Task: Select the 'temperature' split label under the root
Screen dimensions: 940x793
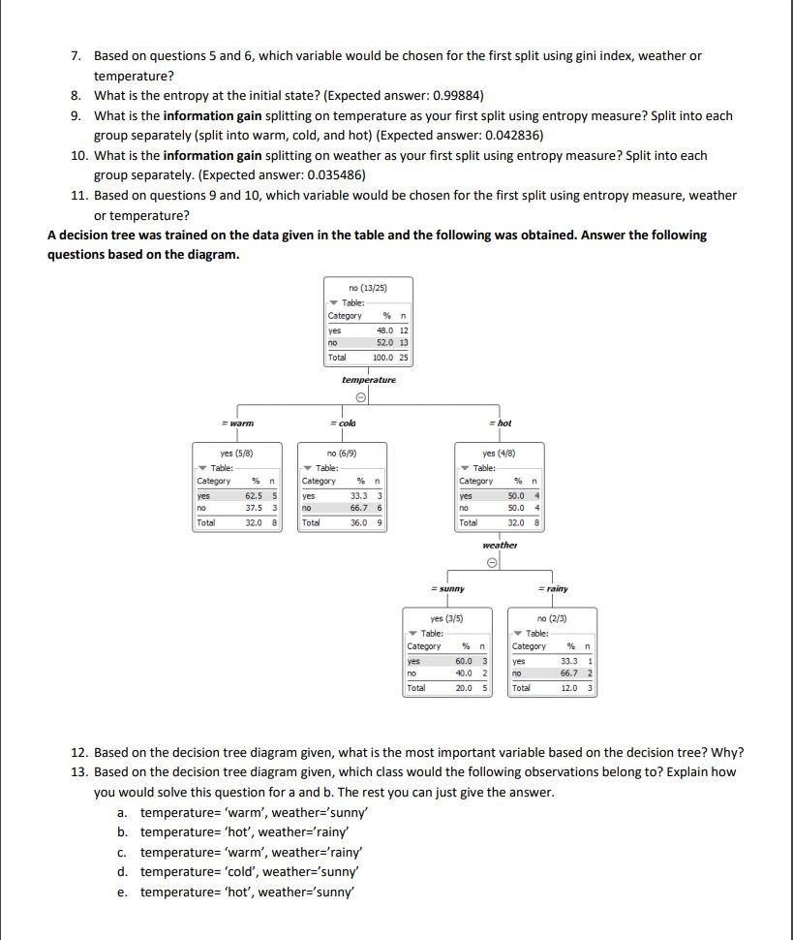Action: point(368,380)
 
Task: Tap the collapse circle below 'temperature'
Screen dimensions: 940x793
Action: point(359,397)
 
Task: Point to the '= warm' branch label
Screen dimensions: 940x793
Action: point(237,423)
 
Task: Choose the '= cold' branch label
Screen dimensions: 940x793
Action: point(343,423)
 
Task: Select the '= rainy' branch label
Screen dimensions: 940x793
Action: point(553,588)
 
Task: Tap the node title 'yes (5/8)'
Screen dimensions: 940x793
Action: point(237,454)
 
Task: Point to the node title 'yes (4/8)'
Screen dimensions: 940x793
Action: point(500,454)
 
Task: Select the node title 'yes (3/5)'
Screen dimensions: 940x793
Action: point(447,619)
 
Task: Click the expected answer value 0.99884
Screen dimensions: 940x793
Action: point(454,95)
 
